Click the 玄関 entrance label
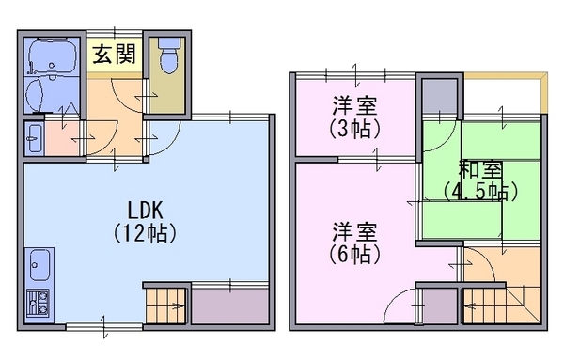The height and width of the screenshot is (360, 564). (x=115, y=55)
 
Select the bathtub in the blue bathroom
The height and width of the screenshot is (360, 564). (x=52, y=56)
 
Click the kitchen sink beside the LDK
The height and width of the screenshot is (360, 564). (x=39, y=265)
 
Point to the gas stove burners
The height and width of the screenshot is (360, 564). (x=39, y=304)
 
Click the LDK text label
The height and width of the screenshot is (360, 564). (x=146, y=211)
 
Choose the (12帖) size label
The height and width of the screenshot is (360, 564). (x=145, y=234)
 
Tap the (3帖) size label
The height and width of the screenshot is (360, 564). (x=354, y=129)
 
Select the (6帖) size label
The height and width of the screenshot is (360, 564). (x=354, y=255)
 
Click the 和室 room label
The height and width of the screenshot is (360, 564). (x=480, y=170)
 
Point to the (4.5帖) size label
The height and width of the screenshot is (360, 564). (x=480, y=192)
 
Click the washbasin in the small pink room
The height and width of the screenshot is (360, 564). (x=35, y=138)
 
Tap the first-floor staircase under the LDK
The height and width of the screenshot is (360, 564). (x=165, y=305)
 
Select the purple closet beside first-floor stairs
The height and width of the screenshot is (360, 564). (x=230, y=305)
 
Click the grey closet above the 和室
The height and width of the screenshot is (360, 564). (x=439, y=96)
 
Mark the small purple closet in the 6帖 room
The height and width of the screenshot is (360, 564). (x=440, y=305)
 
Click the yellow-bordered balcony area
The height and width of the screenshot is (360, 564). (x=506, y=93)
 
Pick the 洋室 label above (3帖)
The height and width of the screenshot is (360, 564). (x=354, y=105)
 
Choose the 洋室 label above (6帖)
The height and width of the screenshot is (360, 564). (x=354, y=231)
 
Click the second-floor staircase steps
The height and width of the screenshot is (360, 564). (x=501, y=305)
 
